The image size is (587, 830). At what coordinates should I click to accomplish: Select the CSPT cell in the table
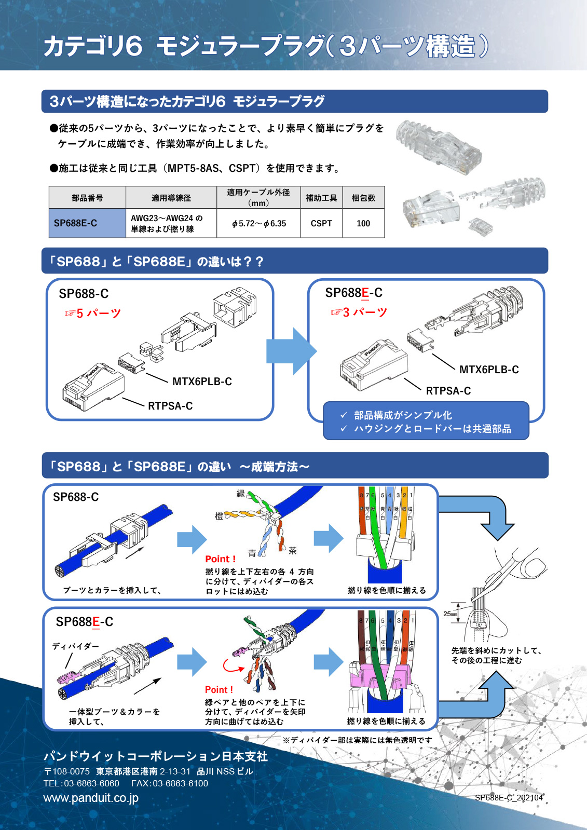point(321,223)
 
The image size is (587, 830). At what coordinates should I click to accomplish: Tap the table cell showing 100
point(363,223)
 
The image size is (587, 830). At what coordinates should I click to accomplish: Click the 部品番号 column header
point(87,198)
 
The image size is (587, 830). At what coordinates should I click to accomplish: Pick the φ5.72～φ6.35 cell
point(258,223)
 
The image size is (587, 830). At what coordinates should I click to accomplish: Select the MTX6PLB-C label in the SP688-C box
point(202,382)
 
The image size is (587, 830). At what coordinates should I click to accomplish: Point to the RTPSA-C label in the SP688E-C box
point(448,391)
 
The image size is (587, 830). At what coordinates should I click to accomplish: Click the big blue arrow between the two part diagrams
point(291,351)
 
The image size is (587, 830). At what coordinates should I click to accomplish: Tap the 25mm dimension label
point(450,614)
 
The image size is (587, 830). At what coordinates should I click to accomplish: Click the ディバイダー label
point(75,646)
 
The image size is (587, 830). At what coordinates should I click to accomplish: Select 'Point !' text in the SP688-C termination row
point(221,559)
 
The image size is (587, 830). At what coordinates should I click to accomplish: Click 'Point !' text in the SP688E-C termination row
point(219,689)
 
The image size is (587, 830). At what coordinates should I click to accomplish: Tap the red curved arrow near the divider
point(232,666)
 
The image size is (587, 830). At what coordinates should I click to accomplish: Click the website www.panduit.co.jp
point(91,798)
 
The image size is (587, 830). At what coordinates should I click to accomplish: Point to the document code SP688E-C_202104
point(509,797)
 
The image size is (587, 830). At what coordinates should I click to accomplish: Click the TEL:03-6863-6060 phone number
point(81,783)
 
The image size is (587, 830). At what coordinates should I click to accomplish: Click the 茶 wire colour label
point(292,550)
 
